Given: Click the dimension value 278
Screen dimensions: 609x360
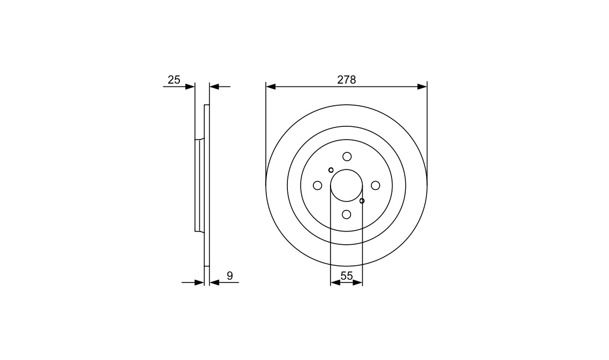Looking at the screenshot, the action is point(347,80).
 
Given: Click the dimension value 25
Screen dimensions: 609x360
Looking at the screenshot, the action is point(174,80).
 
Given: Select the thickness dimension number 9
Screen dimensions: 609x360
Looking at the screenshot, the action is point(230,276).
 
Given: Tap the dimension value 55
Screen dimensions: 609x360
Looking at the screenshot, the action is point(347,276).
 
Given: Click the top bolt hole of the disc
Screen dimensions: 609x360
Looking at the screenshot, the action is point(347,157).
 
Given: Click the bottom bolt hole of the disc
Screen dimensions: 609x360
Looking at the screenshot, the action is point(347,214).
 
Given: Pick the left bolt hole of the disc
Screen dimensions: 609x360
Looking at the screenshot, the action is point(317,186).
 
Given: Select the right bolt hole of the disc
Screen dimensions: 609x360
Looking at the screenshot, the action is point(375,186).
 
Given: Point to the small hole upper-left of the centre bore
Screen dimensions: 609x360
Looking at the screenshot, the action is point(331,169).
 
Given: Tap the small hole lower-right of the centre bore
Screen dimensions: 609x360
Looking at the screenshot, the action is point(362,201).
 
